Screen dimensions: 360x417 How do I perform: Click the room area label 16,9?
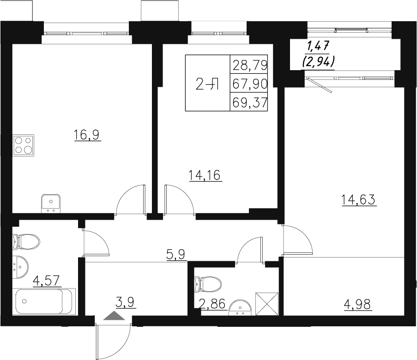(87, 135)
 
